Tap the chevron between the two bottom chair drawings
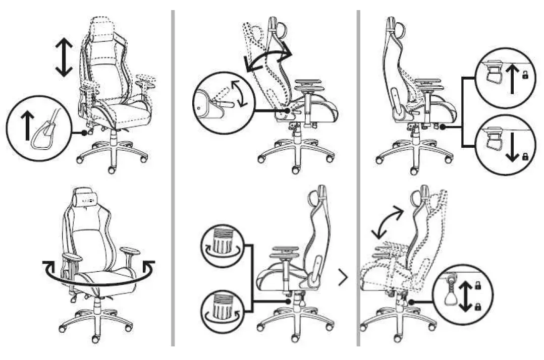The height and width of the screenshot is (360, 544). point(343,277)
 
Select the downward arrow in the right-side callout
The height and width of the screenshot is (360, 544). point(513,146)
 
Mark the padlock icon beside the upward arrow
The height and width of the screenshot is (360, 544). point(525,76)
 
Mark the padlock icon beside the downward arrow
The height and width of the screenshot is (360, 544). point(525,156)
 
